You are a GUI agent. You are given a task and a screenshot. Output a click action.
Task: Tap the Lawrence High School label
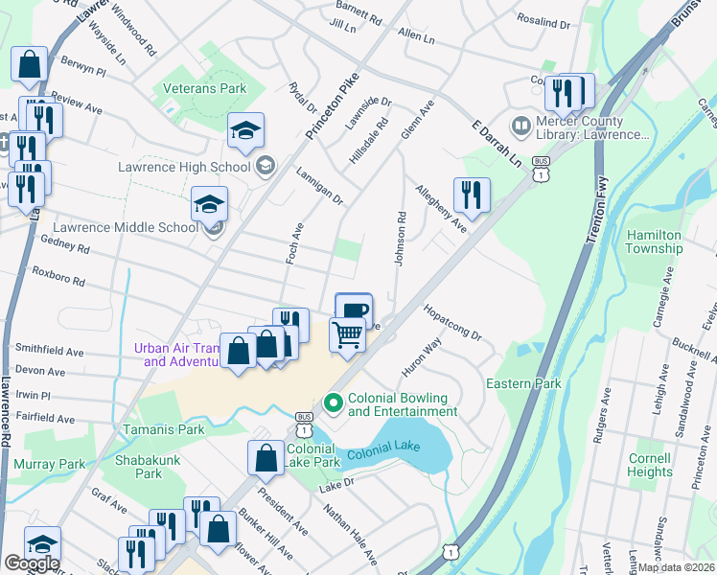click(x=183, y=167)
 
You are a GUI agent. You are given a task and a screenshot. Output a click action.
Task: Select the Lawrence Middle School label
click(x=126, y=227)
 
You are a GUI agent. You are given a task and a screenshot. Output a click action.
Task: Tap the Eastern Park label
click(x=522, y=384)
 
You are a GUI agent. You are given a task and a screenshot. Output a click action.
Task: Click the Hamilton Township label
click(x=654, y=241)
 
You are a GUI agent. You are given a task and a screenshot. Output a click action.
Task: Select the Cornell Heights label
click(x=649, y=464)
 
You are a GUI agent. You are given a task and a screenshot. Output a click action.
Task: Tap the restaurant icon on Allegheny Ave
click(x=471, y=195)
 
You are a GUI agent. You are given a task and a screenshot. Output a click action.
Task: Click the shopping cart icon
click(x=348, y=335)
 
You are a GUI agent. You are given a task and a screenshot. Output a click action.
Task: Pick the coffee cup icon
click(x=354, y=310)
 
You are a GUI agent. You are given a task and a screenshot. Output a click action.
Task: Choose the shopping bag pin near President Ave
click(x=266, y=459)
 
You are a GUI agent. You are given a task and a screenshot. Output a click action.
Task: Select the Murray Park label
click(x=50, y=464)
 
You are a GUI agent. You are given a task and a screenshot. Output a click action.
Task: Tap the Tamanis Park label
click(x=163, y=429)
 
